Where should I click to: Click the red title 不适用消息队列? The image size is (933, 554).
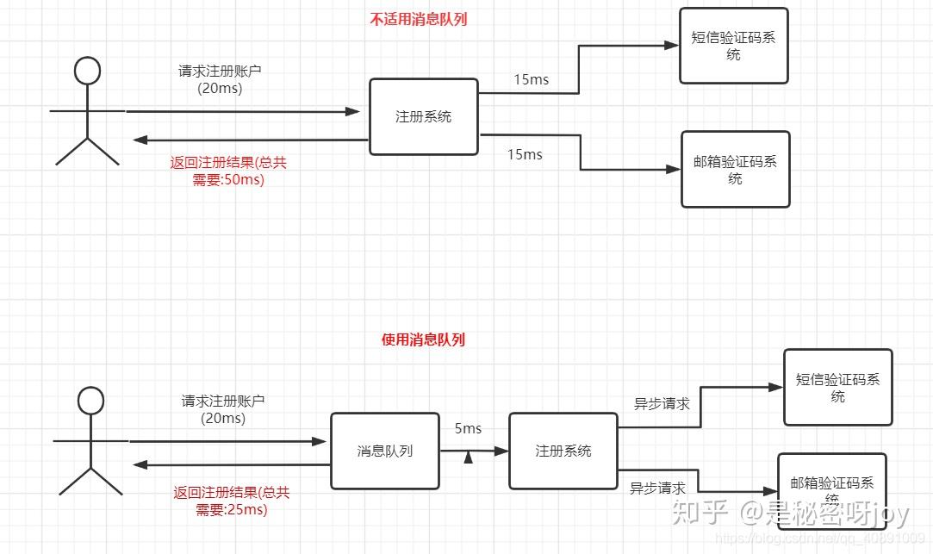[x=419, y=19]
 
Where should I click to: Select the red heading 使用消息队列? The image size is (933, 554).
[x=423, y=339]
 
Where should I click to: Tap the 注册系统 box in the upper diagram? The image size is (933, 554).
[x=423, y=117]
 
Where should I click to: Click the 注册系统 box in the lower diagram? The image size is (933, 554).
[x=563, y=451]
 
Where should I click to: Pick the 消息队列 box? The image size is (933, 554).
[x=385, y=451]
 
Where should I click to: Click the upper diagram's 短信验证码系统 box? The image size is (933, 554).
[x=733, y=46]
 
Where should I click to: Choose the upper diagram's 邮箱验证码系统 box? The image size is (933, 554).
[x=735, y=169]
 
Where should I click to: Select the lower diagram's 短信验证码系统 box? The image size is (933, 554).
[x=837, y=387]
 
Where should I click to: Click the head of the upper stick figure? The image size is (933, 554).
[x=87, y=72]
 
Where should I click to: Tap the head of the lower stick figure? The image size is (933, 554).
[x=90, y=401]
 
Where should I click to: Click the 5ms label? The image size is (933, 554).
[x=469, y=428]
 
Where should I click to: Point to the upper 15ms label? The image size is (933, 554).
[x=531, y=80]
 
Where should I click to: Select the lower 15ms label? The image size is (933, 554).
[x=525, y=154]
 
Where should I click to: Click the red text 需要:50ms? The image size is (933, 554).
[x=228, y=180]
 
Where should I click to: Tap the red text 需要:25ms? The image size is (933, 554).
[x=232, y=509]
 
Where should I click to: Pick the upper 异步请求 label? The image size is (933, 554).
[x=662, y=402]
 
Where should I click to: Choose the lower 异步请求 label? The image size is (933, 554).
[x=657, y=488]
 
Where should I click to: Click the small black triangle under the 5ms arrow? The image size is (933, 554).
[x=469, y=458]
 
